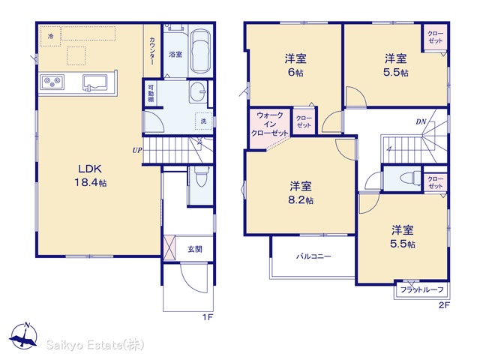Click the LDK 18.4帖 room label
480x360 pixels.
91,175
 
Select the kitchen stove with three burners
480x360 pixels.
52,82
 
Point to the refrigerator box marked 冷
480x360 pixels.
51,36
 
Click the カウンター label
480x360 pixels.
151,51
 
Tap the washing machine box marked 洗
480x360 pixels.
203,121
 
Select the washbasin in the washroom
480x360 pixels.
197,91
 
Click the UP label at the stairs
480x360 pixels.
137,150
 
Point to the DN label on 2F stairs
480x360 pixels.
421,121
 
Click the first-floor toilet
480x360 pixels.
201,176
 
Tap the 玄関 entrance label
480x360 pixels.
195,249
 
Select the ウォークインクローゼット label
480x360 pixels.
270,124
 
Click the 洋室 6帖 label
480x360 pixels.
295,65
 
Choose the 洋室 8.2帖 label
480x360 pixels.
301,193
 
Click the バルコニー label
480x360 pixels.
313,256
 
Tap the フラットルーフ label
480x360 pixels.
421,289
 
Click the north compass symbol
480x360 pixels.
23,336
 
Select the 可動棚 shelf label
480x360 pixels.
151,93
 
